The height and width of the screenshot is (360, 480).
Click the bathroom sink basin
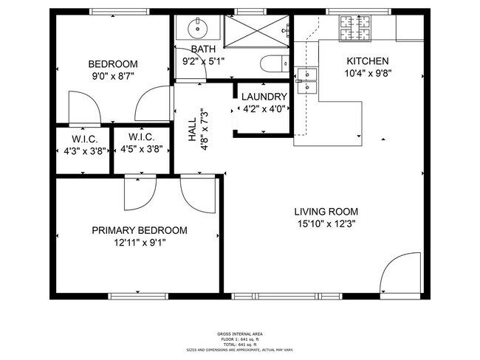tap(197, 30)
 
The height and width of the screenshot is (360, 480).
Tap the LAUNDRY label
tap(264, 97)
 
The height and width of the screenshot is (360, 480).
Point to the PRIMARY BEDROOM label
tap(139, 230)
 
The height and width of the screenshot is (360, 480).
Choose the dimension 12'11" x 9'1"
tap(139, 243)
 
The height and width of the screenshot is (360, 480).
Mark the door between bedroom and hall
tap(154, 103)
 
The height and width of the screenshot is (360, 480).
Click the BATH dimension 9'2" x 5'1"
tap(203, 61)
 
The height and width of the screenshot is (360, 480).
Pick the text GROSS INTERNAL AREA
tap(239, 333)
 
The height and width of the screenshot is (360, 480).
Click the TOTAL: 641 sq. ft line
tap(239, 345)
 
